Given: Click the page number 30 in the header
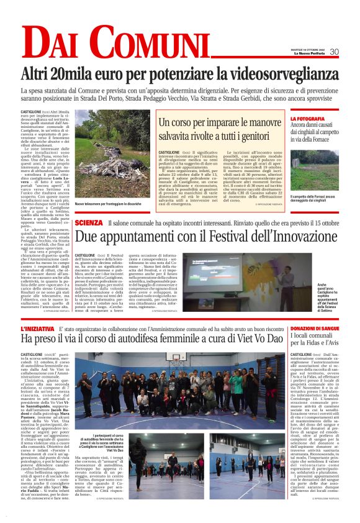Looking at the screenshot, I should (x=334, y=52).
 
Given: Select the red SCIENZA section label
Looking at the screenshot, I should (x=88, y=223).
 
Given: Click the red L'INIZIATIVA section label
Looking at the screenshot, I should (x=38, y=327).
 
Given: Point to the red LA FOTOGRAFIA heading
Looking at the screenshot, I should (x=324, y=119).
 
